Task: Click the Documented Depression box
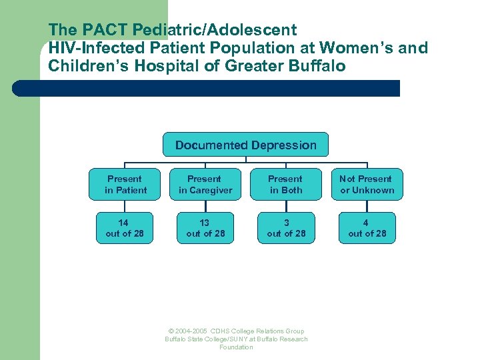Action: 245,145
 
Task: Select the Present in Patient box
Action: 125,185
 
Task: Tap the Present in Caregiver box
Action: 205,185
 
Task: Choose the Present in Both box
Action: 286,185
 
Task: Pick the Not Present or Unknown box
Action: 367,185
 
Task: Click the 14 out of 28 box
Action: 125,228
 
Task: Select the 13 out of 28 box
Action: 205,228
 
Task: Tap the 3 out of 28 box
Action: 286,228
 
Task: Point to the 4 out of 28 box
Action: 367,228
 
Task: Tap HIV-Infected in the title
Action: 95,48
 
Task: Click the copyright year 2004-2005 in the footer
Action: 191,331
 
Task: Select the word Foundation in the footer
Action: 236,347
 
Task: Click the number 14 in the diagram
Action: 124,223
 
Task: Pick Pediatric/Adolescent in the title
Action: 214,30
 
